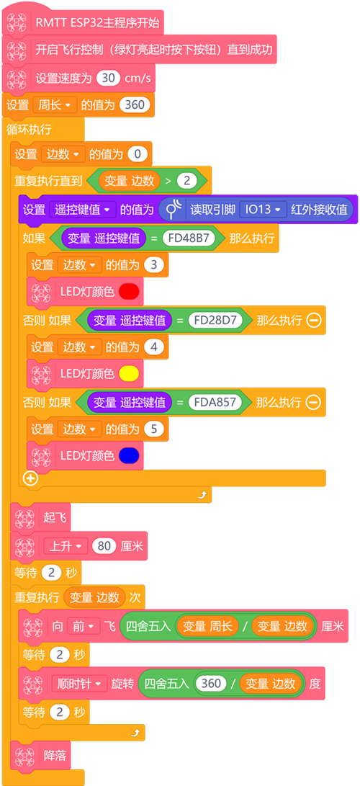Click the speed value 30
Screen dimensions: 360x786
(x=108, y=79)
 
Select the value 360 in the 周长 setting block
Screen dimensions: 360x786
(x=135, y=104)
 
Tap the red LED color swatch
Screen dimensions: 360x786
(x=129, y=291)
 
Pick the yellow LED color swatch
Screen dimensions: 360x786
(x=129, y=373)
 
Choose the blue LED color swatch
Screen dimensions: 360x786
(x=129, y=455)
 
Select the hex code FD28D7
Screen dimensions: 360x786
(x=215, y=320)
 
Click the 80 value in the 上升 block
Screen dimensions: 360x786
(x=104, y=546)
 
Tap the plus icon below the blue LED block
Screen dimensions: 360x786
(x=31, y=478)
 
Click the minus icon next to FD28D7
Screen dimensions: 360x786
(x=314, y=320)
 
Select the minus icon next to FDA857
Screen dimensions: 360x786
(x=314, y=402)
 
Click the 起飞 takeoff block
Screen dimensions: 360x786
(x=41, y=517)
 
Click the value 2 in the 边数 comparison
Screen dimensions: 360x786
(x=186, y=181)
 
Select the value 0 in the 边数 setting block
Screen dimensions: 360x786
(x=138, y=154)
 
